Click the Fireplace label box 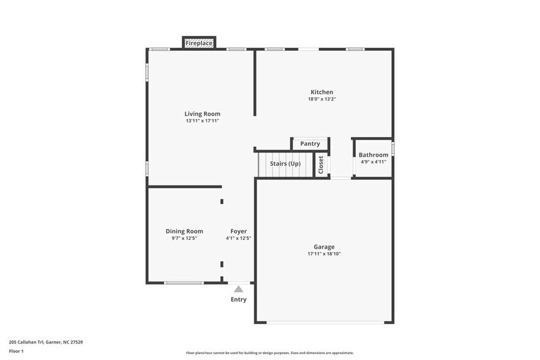coord(199,43)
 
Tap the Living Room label coord(202,114)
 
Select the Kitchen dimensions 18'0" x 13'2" coord(321,99)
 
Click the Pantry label coord(310,144)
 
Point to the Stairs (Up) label coord(285,163)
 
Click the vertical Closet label coord(321,165)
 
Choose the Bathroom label coord(373,155)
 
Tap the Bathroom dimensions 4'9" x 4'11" coord(373,162)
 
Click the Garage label coord(323,247)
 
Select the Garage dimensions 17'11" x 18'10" coord(323,253)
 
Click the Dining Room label coord(184,231)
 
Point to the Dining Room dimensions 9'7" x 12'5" coord(184,238)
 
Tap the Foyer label coord(238,231)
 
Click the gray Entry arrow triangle coord(238,289)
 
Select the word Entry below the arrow coord(238,299)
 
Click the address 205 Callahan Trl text coord(46,342)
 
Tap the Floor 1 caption coord(16,351)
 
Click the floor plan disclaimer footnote coord(269,353)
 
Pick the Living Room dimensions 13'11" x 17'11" coord(202,121)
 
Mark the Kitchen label coord(321,92)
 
